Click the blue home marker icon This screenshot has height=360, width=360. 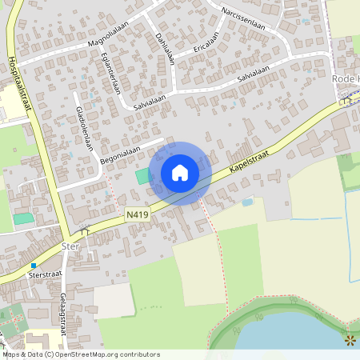[180, 173]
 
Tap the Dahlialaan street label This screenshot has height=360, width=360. [166, 44]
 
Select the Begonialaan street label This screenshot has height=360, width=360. [120, 154]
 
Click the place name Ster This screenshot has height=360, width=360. [70, 246]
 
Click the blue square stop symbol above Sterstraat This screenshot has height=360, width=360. [34, 265]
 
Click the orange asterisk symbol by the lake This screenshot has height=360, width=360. [350, 342]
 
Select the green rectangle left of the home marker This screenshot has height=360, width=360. [142, 175]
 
